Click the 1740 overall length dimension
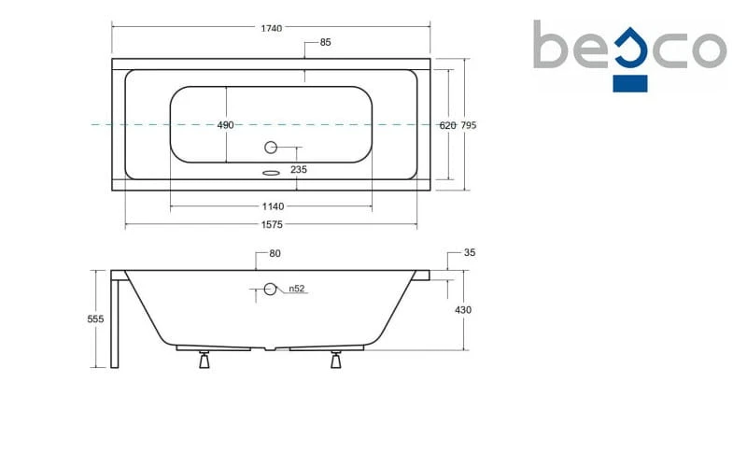[x=271, y=28]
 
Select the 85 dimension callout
[x=325, y=42]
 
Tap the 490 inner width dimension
[x=225, y=125]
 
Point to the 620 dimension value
[x=447, y=125]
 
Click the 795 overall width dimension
[x=469, y=125]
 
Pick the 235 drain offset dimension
[x=299, y=169]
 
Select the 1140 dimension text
[x=273, y=206]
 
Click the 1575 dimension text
[x=272, y=224]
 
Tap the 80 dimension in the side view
[x=275, y=253]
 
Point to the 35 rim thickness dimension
[x=470, y=252]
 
